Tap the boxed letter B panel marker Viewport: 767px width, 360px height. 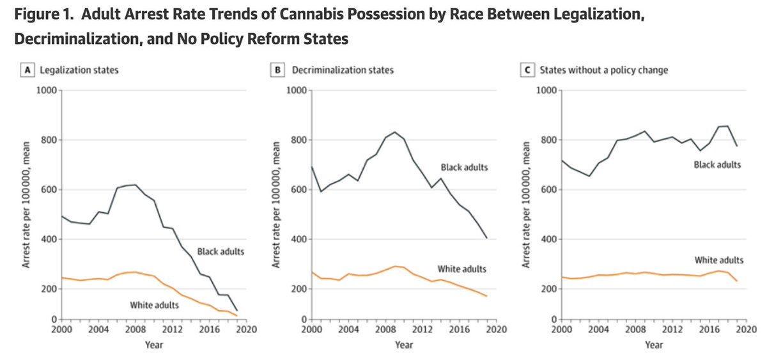tap(278, 70)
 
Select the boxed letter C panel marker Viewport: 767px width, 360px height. tap(528, 70)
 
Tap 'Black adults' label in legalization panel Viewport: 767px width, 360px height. tap(221, 252)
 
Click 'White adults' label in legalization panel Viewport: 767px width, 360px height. tap(154, 305)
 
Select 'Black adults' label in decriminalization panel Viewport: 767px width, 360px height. tap(465, 168)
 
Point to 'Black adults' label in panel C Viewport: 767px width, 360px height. tap(717, 165)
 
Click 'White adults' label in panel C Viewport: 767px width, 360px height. tap(718, 260)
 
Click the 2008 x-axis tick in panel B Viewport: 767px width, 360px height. tap(385, 329)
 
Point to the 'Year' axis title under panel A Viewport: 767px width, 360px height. tap(153, 345)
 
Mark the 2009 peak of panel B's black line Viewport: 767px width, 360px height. tap(394, 132)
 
